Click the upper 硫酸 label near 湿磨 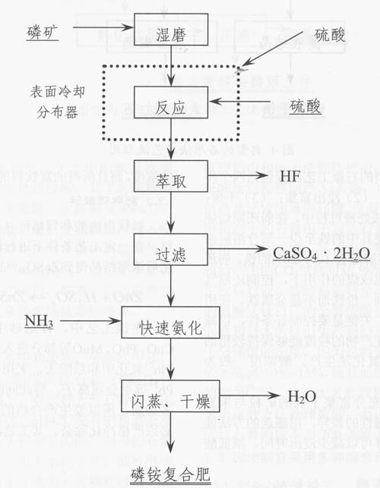pos(333,35)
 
